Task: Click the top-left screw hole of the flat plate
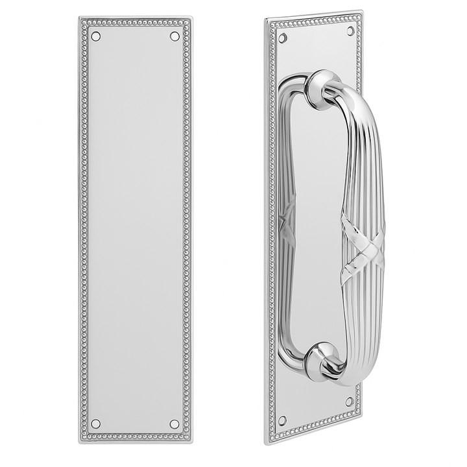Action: pyautogui.click(x=96, y=36)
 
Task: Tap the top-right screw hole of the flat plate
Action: pyautogui.click(x=174, y=36)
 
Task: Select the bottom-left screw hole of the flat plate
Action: pyautogui.click(x=96, y=424)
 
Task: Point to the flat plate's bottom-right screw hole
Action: pyautogui.click(x=174, y=424)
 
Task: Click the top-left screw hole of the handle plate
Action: pyautogui.click(x=282, y=38)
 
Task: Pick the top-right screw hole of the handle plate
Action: pyautogui.click(x=350, y=30)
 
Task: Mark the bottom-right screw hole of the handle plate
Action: pyautogui.click(x=350, y=401)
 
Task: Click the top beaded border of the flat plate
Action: pyautogui.click(x=135, y=23)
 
